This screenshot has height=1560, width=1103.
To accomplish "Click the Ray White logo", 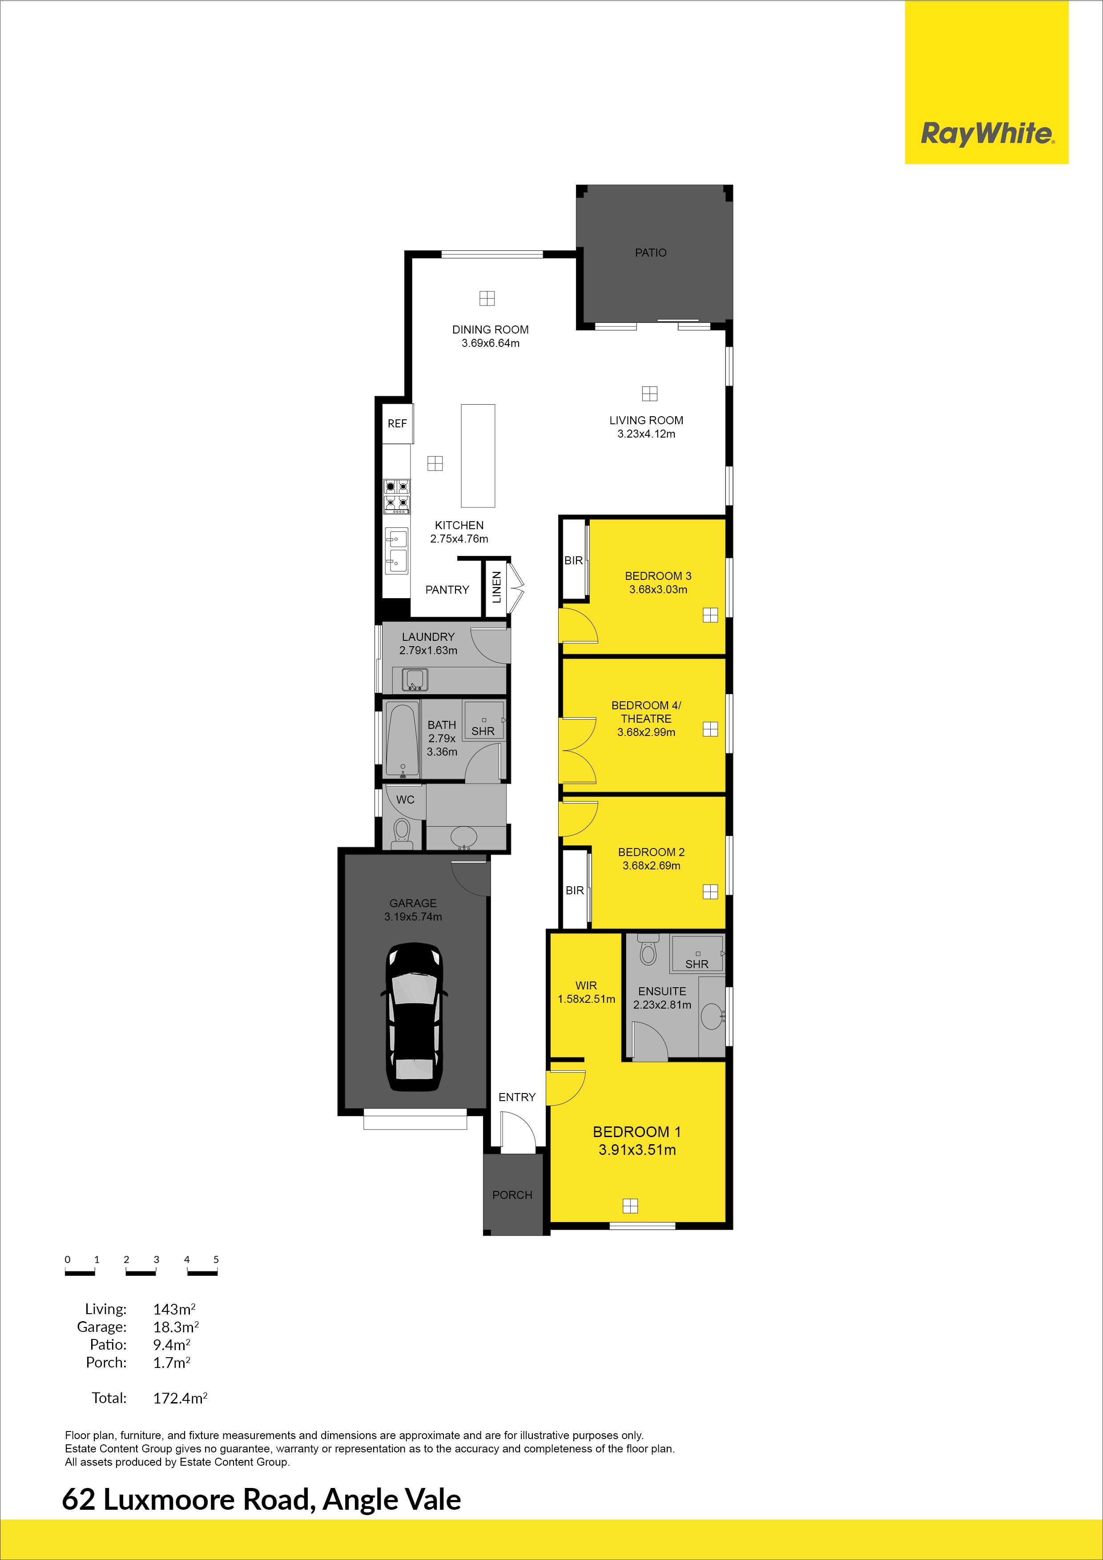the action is tap(987, 134).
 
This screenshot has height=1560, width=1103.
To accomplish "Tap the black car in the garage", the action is tap(414, 1017).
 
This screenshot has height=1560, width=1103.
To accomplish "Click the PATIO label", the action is tap(650, 253).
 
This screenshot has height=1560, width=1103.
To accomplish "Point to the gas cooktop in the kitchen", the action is tap(397, 495).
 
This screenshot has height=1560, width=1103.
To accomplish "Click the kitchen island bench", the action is tap(478, 456).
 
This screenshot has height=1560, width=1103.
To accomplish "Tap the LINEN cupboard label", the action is tap(496, 587).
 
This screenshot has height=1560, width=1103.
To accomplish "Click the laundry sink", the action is tap(415, 679).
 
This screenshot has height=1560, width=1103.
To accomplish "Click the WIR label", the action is tap(586, 985).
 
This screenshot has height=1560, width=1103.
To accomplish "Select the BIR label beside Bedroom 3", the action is tap(574, 560).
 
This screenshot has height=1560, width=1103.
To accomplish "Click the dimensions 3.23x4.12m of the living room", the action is tap(646, 434).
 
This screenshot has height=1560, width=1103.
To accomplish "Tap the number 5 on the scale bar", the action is tap(216, 1259).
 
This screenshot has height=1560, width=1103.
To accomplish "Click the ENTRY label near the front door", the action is tap(517, 1098).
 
